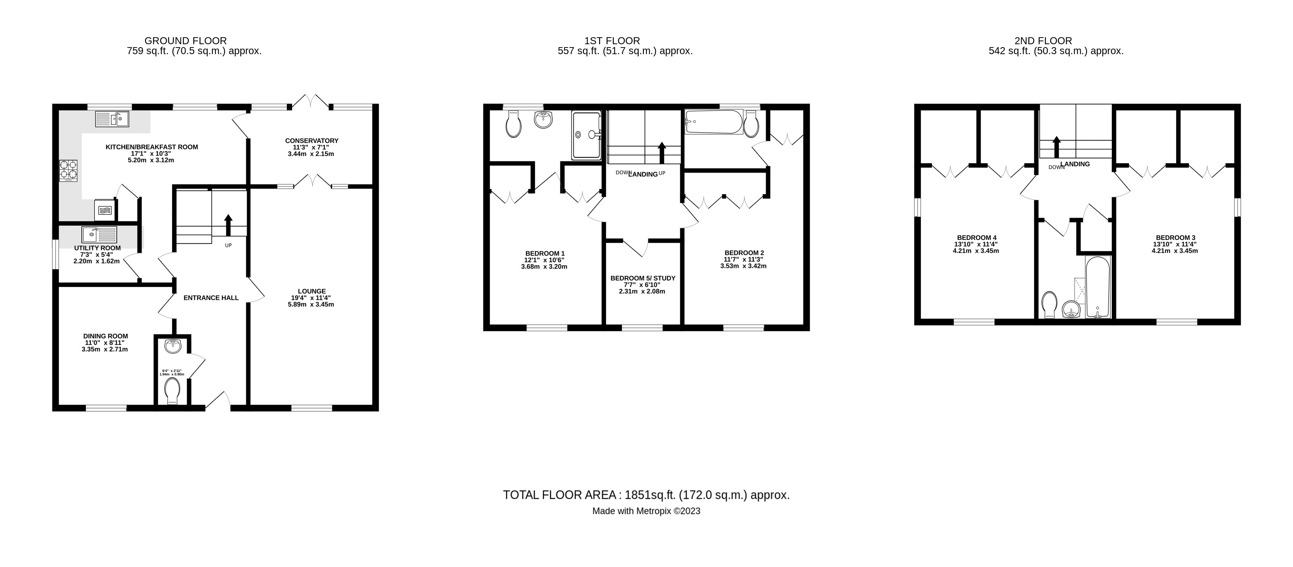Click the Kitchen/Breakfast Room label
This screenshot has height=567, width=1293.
coord(152,147)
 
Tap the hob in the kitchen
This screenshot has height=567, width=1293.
coord(69,170)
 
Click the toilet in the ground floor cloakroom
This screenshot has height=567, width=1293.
coord(172,391)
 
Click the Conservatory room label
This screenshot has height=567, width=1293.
coord(312,140)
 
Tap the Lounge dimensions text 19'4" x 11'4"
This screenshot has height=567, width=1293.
coord(312,298)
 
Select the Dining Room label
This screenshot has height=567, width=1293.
coord(105,336)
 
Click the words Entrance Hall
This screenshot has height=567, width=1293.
coord(211,298)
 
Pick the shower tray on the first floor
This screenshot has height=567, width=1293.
coord(586,134)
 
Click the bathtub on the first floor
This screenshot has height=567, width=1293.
coord(714,122)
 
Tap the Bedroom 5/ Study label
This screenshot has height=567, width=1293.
coord(643,278)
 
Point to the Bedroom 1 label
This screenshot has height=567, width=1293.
coord(545,253)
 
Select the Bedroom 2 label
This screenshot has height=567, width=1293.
coord(744,253)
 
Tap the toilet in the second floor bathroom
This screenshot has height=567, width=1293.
coord(1049,305)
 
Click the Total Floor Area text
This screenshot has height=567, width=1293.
coord(646,495)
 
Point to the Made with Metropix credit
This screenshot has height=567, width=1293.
coord(646,511)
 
